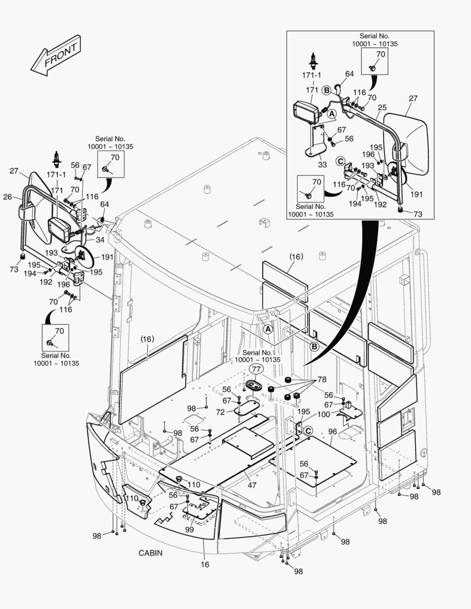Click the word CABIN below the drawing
pos(151,553)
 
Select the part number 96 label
pos(332,433)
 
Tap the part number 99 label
pos(190,529)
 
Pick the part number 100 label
pos(323,414)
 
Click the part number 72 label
pos(221,412)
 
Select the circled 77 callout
pos(257,370)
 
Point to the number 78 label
pos(322,379)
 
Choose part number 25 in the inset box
pos(382,108)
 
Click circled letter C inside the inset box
pos(340,160)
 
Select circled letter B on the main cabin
pos(315,346)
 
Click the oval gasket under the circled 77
pos(253,385)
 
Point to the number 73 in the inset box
pos(418,214)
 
